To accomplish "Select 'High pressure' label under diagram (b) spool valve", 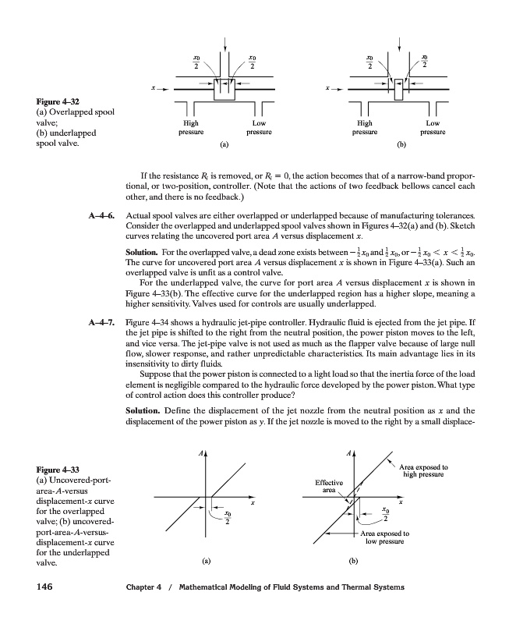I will coord(364,128).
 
